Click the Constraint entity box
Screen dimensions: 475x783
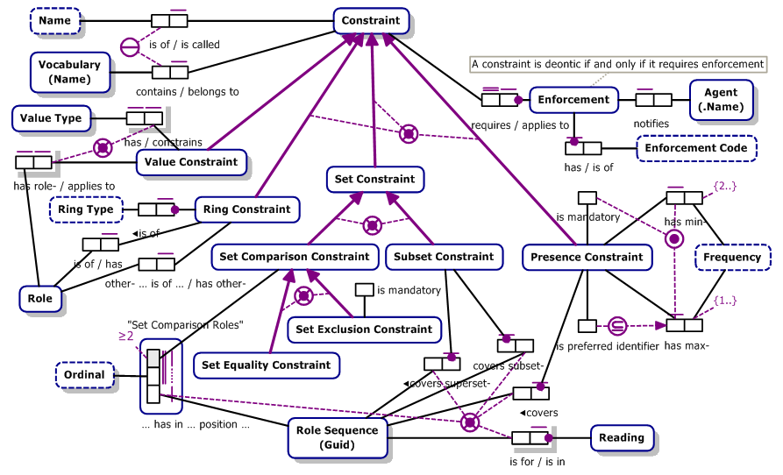(x=370, y=21)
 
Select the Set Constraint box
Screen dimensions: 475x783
(x=374, y=180)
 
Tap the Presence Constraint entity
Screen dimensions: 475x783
(x=587, y=258)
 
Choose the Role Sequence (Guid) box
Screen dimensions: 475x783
(x=338, y=436)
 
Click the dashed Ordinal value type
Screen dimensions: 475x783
(x=84, y=375)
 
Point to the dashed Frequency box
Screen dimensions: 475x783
(x=732, y=258)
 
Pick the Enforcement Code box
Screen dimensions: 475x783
(x=696, y=148)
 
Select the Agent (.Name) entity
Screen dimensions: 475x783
(x=722, y=99)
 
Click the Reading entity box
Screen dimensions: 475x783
(x=622, y=438)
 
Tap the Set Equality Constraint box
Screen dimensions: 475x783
(x=266, y=365)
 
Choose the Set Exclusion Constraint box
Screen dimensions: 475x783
(x=364, y=330)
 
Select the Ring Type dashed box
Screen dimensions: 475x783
(x=85, y=209)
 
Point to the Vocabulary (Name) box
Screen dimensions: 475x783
(x=69, y=72)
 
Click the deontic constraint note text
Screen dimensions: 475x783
(x=617, y=64)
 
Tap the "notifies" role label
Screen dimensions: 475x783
(x=651, y=124)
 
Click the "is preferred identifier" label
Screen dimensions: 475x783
(x=608, y=346)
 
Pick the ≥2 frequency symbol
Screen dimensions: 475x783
(x=126, y=334)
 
